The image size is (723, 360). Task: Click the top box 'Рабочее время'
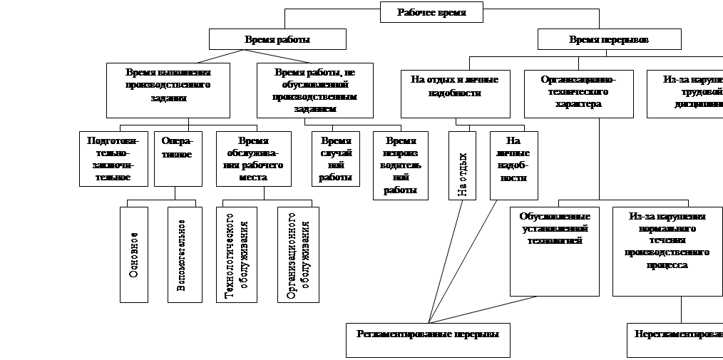pyautogui.click(x=431, y=12)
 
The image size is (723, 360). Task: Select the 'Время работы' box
pyautogui.click(x=277, y=39)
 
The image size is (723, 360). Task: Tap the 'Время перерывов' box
pyautogui.click(x=609, y=39)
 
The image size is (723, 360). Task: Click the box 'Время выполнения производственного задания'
pyautogui.click(x=168, y=91)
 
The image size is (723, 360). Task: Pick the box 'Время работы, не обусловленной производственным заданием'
pyautogui.click(x=314, y=91)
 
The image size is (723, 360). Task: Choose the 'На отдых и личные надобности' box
pyautogui.click(x=455, y=93)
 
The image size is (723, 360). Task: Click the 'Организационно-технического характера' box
pyautogui.click(x=578, y=93)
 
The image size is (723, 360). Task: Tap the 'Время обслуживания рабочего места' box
pyautogui.click(x=254, y=158)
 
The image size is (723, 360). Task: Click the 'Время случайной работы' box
pyautogui.click(x=336, y=158)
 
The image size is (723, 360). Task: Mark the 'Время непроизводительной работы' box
pyautogui.click(x=401, y=165)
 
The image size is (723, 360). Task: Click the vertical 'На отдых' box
pyautogui.click(x=463, y=165)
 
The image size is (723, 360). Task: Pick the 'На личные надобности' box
pyautogui.click(x=513, y=165)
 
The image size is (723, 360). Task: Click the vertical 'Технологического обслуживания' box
pyautogui.click(x=236, y=254)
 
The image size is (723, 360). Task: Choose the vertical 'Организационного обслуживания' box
pyautogui.click(x=297, y=254)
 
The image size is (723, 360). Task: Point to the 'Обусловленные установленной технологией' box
pyautogui.click(x=554, y=251)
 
